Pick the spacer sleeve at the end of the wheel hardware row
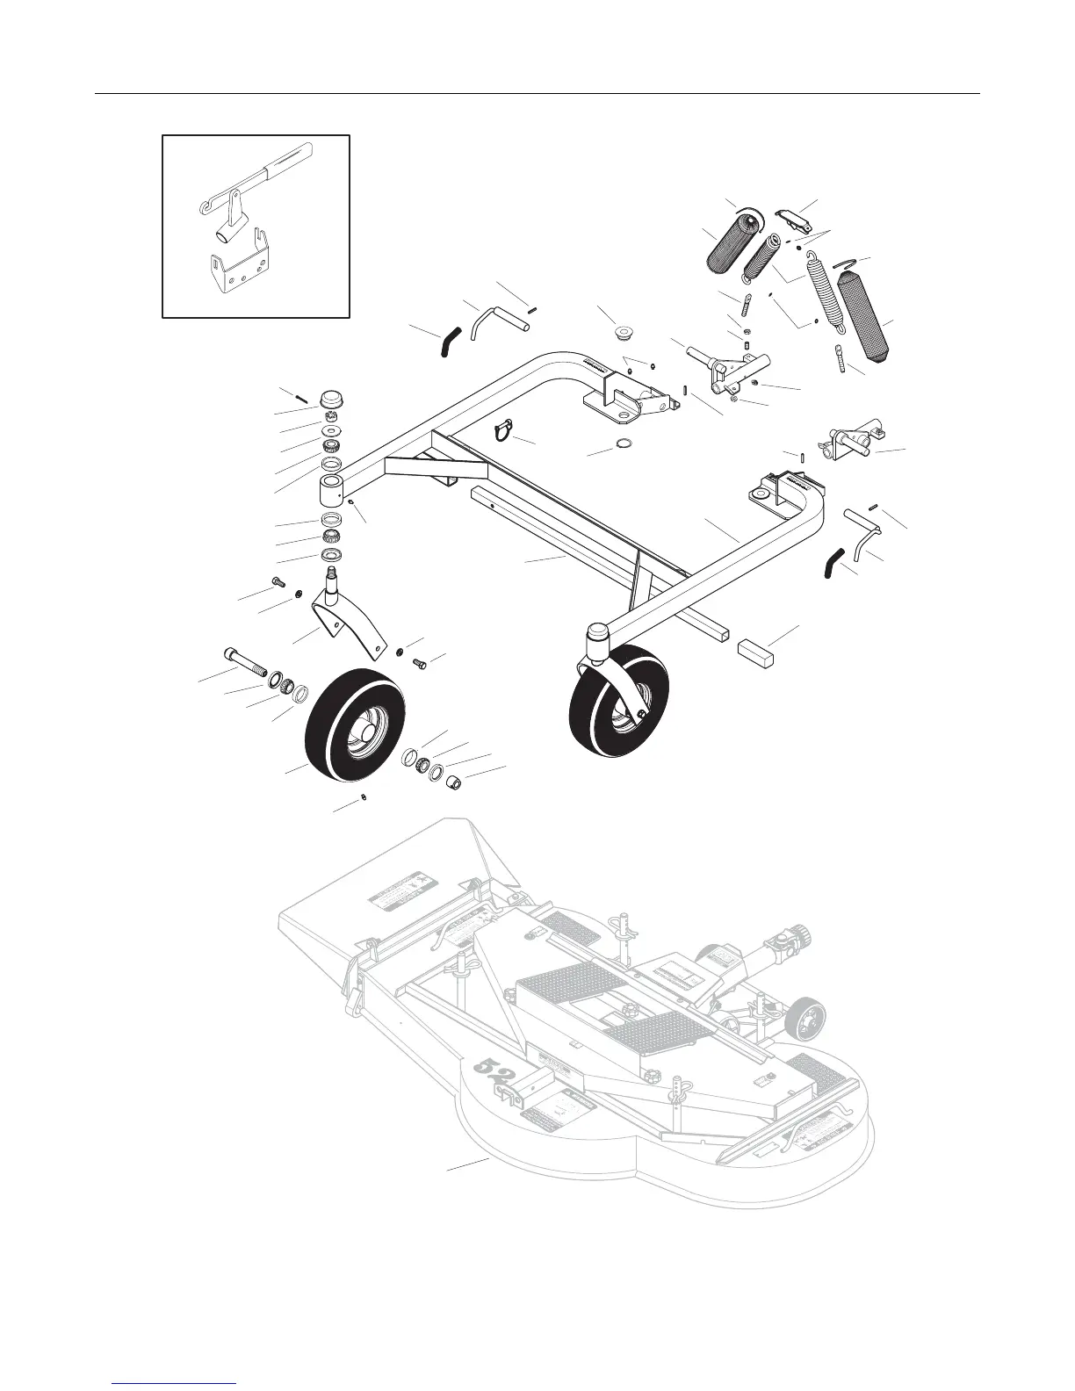(x=451, y=781)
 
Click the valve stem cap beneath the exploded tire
(x=364, y=797)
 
